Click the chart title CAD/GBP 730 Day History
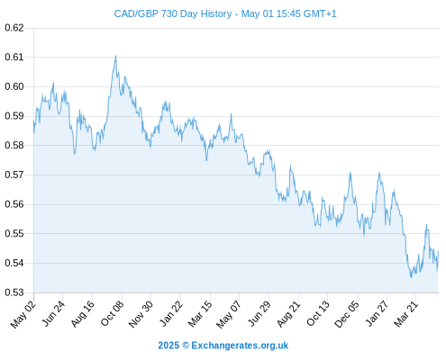point(173,14)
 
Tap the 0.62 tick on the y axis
point(14,28)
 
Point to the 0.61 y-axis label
point(14,57)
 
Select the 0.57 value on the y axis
point(14,175)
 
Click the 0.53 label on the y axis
point(14,292)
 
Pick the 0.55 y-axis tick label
point(14,233)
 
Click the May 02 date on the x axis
point(23,314)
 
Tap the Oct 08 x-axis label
point(112,313)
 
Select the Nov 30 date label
point(141,314)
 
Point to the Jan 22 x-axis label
point(171,313)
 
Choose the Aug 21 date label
point(288,314)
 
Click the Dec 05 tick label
point(347,314)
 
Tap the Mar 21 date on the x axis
point(406,314)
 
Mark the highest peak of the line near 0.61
point(115,56)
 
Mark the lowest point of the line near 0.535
point(411,277)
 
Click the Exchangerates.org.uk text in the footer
point(240,346)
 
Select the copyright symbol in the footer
point(186,346)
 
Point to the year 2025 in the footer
point(168,346)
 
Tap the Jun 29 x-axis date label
point(259,313)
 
